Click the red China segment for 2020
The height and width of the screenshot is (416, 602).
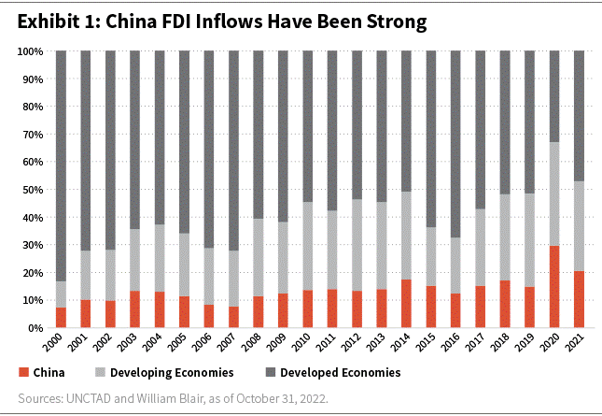[554, 287]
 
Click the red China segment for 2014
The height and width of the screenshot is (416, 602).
[406, 304]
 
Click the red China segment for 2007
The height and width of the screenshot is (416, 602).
[234, 317]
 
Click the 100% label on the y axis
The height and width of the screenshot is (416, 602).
[28, 51]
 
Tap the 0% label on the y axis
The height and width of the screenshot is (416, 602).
[34, 328]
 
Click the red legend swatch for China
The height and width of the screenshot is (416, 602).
[22, 372]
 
